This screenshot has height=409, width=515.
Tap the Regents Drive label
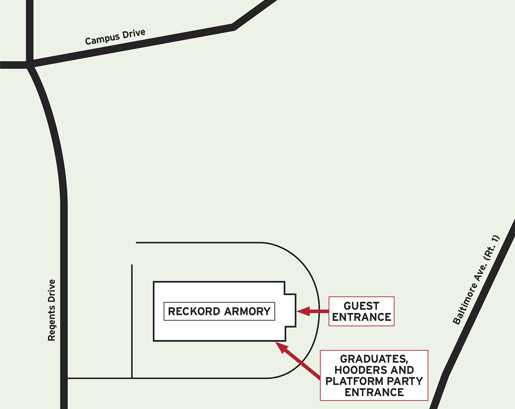click(x=52, y=310)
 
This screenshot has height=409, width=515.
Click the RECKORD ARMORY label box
click(x=219, y=311)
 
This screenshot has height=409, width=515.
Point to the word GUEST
click(x=361, y=306)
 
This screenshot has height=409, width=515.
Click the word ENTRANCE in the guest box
click(x=361, y=317)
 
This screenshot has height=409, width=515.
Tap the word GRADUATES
click(x=374, y=359)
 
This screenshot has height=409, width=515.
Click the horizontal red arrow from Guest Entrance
click(x=313, y=311)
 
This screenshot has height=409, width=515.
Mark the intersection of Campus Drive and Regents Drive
click(x=30, y=65)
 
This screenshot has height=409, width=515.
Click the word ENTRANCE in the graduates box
click(x=374, y=392)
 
